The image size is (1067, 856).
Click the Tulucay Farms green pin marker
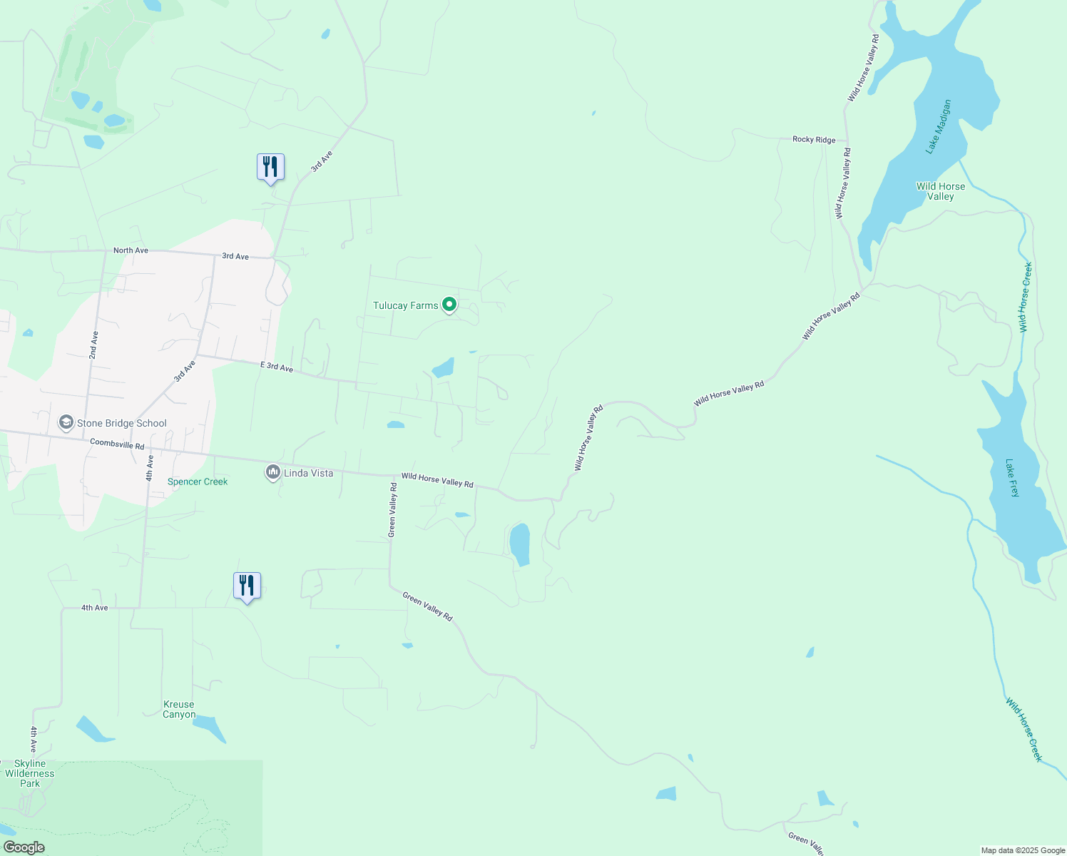coord(449,305)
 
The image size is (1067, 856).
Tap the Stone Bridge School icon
coord(66,423)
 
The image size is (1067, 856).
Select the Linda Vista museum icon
coord(272,472)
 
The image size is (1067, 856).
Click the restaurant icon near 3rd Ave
coord(270,168)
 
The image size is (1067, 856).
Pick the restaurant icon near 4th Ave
coord(247,586)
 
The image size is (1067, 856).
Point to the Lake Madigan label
coord(939,127)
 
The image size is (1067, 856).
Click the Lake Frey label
coord(1012,478)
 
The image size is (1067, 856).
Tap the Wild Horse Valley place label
coord(941,191)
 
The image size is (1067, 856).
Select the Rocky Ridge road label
coord(814,140)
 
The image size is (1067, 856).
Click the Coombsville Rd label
coord(117,444)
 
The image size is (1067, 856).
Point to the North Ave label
coord(131,250)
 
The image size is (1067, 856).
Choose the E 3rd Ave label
coord(277,367)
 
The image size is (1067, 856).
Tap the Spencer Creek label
coord(198,481)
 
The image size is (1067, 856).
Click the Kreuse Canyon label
coord(178,709)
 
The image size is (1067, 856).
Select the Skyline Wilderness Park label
coord(30,773)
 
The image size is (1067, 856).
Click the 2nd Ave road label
coord(93,345)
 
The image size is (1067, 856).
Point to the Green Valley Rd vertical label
coord(392,509)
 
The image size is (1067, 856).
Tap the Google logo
coord(24,847)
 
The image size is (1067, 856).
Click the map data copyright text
coord(1023,850)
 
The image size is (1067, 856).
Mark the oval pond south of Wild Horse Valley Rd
coord(520,544)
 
